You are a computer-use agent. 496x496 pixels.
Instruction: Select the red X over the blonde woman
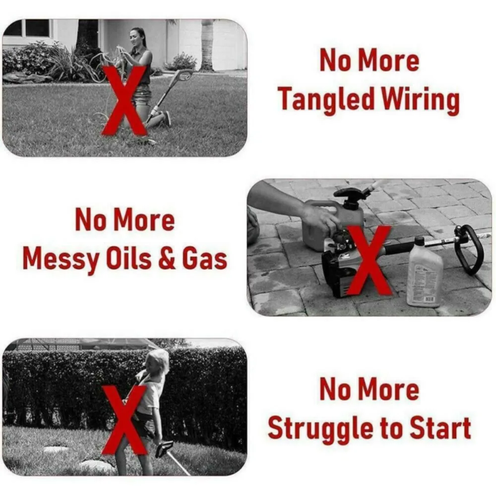pyautogui.click(x=124, y=420)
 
